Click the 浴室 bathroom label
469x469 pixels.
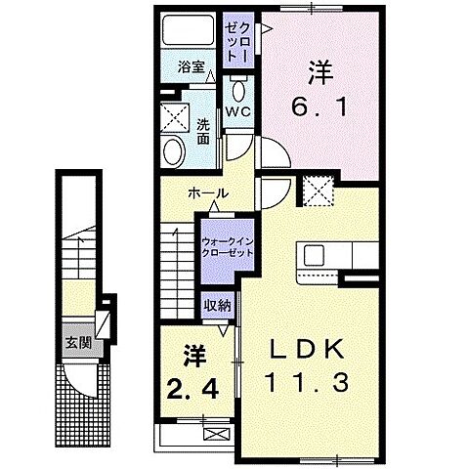pyautogui.click(x=191, y=67)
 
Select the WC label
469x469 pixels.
pyautogui.click(x=239, y=111)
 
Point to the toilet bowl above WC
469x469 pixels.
pyautogui.click(x=238, y=90)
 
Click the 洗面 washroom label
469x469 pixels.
pyautogui.click(x=202, y=131)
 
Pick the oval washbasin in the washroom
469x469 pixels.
pyautogui.click(x=175, y=151)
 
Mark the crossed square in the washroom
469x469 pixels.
pyautogui.click(x=177, y=116)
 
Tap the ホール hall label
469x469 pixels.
pyautogui.click(x=211, y=193)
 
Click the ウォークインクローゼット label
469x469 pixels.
pyautogui.click(x=228, y=244)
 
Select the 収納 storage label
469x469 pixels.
pyautogui.click(x=217, y=305)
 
